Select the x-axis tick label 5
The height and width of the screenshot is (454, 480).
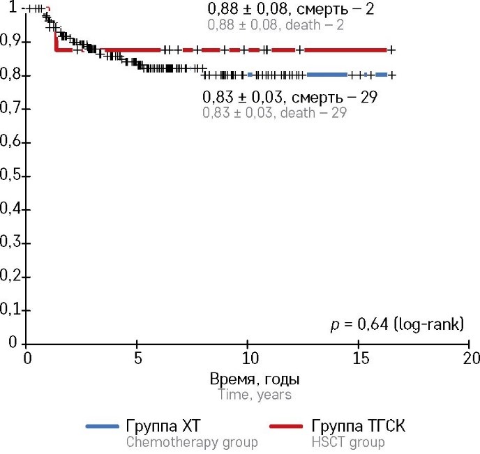[137, 358]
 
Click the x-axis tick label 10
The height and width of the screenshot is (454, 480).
[247, 358]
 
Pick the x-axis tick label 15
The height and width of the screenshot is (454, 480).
[358, 358]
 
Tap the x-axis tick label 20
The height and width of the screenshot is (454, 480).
[470, 358]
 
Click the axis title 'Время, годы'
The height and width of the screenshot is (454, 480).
[255, 379]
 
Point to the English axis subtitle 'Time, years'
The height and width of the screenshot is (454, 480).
[255, 395]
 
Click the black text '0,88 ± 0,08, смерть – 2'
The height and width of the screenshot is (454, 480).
[292, 10]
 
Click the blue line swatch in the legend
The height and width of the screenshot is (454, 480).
[102, 427]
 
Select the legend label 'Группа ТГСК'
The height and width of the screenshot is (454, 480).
[359, 426]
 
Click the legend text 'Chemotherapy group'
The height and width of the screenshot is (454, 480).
[192, 442]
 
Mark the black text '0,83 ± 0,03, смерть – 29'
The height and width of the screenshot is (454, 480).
[290, 97]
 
